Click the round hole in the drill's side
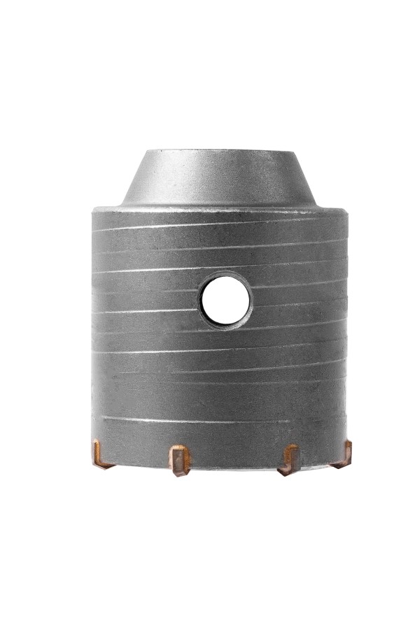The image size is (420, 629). [x=225, y=299]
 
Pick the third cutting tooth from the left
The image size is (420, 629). [x=288, y=459]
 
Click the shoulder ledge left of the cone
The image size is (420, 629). [x=108, y=207]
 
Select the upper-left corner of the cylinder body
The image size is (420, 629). [x=94, y=210]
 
